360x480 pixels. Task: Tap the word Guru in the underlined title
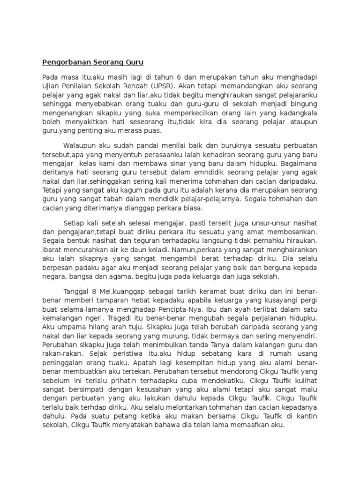pos(132,62)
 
